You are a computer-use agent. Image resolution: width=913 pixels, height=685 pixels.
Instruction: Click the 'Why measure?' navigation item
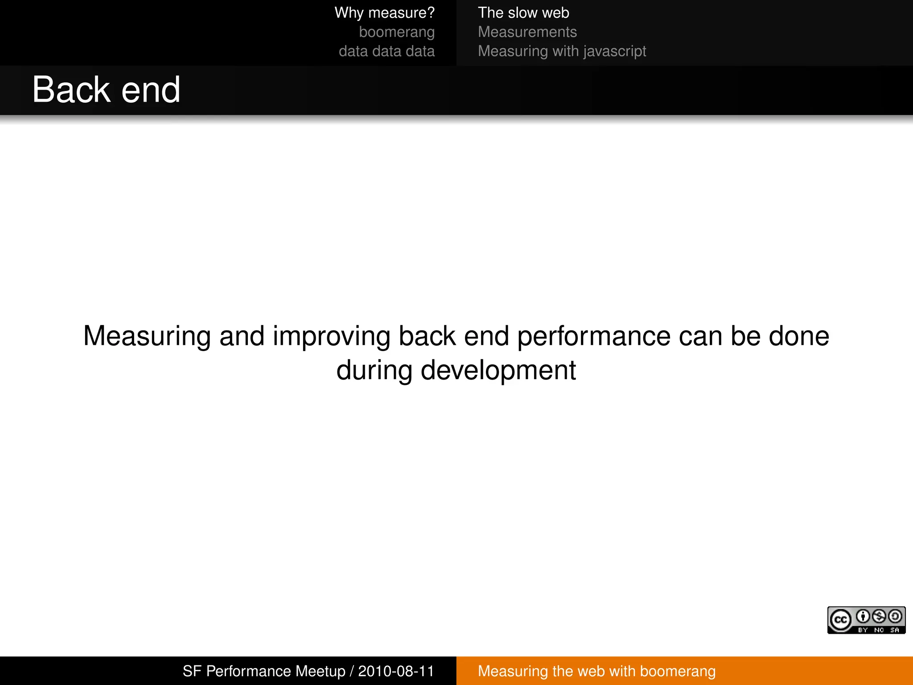384,13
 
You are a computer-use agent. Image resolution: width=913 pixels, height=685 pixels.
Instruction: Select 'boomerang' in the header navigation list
396,32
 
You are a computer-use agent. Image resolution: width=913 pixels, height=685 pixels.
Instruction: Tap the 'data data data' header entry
386,51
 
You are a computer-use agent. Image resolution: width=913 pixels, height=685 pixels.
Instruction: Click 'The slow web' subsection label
523,13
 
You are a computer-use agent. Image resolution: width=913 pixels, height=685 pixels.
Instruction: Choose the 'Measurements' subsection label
527,32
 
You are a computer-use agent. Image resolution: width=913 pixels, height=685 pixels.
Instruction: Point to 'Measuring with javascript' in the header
562,51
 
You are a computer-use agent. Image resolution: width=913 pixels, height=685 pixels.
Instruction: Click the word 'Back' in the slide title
71,90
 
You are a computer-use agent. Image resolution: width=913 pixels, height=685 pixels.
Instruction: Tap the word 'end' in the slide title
151,90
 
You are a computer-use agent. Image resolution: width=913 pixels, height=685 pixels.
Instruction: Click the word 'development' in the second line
498,370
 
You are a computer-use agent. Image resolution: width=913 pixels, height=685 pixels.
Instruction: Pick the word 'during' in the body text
374,370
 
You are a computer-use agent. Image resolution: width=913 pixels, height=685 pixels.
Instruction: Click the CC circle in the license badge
840,620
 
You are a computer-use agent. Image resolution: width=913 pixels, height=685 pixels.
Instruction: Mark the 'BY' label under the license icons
863,630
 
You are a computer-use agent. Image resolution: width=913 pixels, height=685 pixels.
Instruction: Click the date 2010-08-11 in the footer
396,671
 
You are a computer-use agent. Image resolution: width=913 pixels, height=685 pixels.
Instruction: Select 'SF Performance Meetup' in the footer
264,671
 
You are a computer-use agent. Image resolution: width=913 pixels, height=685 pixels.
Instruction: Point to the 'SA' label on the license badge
894,630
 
